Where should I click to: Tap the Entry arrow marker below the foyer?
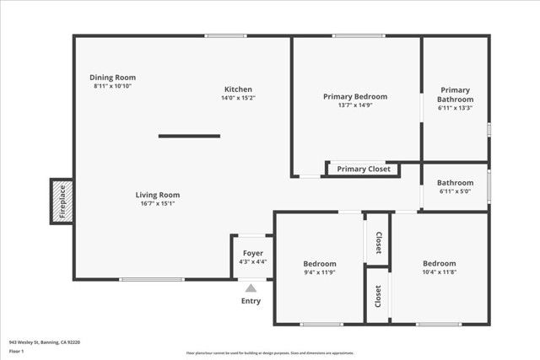click(x=251, y=288)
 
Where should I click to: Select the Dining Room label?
click(x=114, y=77)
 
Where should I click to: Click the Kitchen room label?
click(x=238, y=89)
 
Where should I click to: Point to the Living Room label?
click(x=158, y=195)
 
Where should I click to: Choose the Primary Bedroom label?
click(x=355, y=96)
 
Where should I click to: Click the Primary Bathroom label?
click(x=455, y=94)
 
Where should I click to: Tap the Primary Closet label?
click(x=364, y=169)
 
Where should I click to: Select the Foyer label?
click(x=253, y=253)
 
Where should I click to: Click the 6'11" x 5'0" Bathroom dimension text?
click(x=455, y=191)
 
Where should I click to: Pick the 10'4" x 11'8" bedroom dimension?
click(x=439, y=272)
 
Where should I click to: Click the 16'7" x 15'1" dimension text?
click(x=158, y=203)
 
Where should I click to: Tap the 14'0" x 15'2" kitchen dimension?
click(x=238, y=98)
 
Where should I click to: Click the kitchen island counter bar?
click(x=189, y=136)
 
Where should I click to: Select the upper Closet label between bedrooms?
click(x=378, y=242)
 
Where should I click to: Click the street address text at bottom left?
click(x=45, y=342)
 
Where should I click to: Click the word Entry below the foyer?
click(x=251, y=301)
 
